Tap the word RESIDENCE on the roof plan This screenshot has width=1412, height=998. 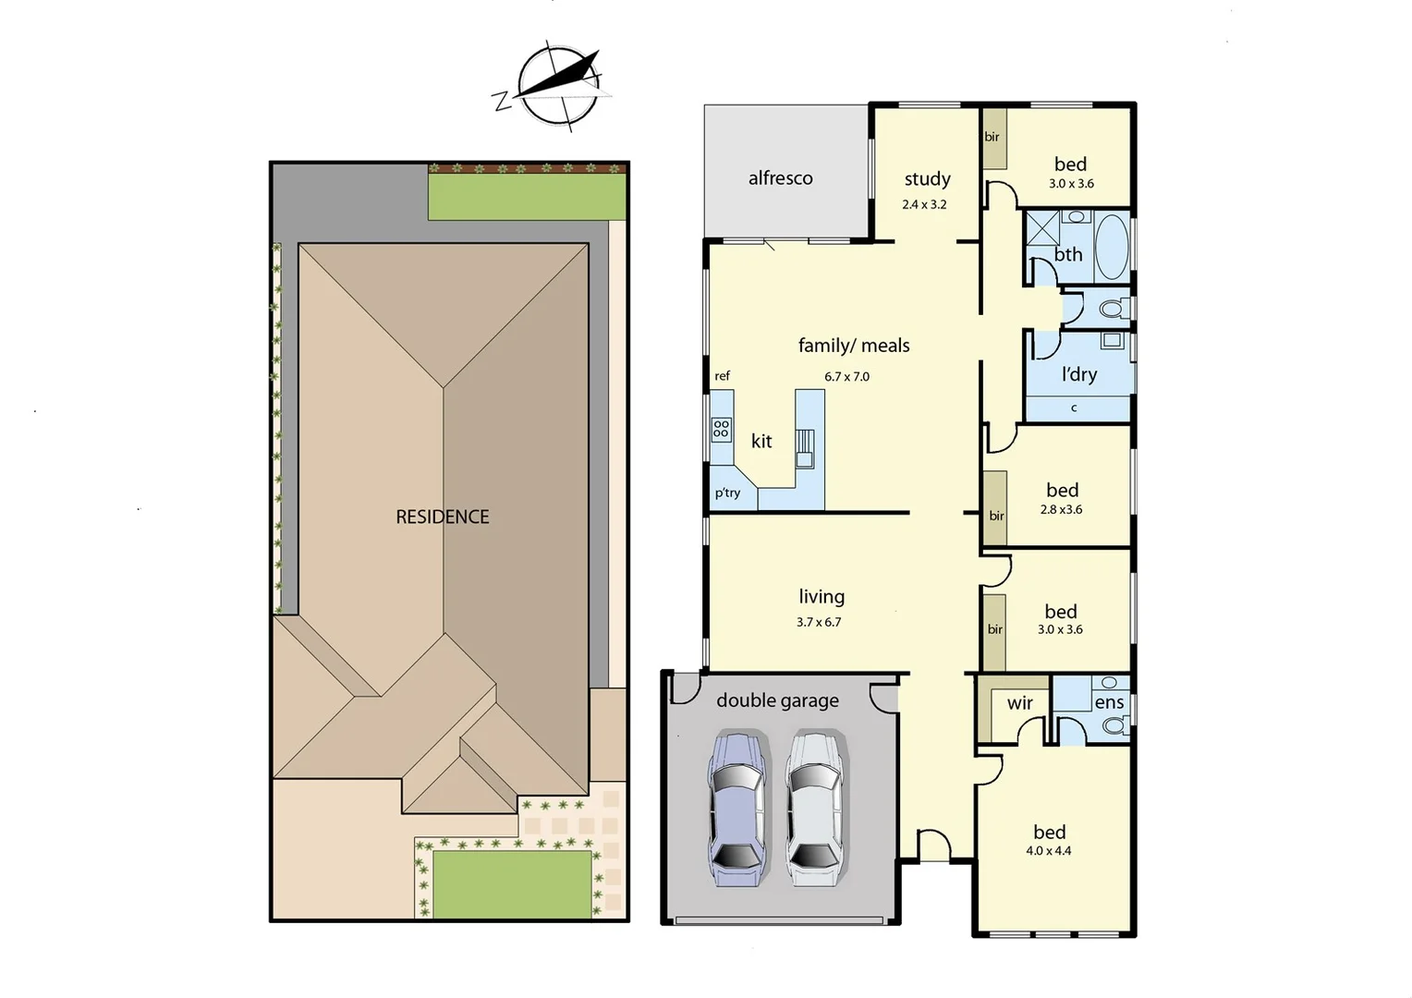point(443,517)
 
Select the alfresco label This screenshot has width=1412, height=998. point(781,178)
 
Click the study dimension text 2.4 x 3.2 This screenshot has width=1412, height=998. point(924,205)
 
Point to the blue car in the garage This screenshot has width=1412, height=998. point(736,809)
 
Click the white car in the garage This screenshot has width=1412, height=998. point(813,809)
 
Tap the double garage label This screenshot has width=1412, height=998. point(777,701)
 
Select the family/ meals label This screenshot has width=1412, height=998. point(854,346)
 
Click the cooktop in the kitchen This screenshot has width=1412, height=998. point(721,429)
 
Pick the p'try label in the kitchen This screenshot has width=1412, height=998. point(727,493)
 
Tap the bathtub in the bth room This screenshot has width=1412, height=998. point(1112,248)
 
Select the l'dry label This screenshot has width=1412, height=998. point(1079,375)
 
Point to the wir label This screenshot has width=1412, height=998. point(1020,704)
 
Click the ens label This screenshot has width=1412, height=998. point(1109,703)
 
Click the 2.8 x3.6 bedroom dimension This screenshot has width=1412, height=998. point(1061,510)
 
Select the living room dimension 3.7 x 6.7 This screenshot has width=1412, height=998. point(819,623)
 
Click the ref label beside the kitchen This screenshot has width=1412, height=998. point(722,376)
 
